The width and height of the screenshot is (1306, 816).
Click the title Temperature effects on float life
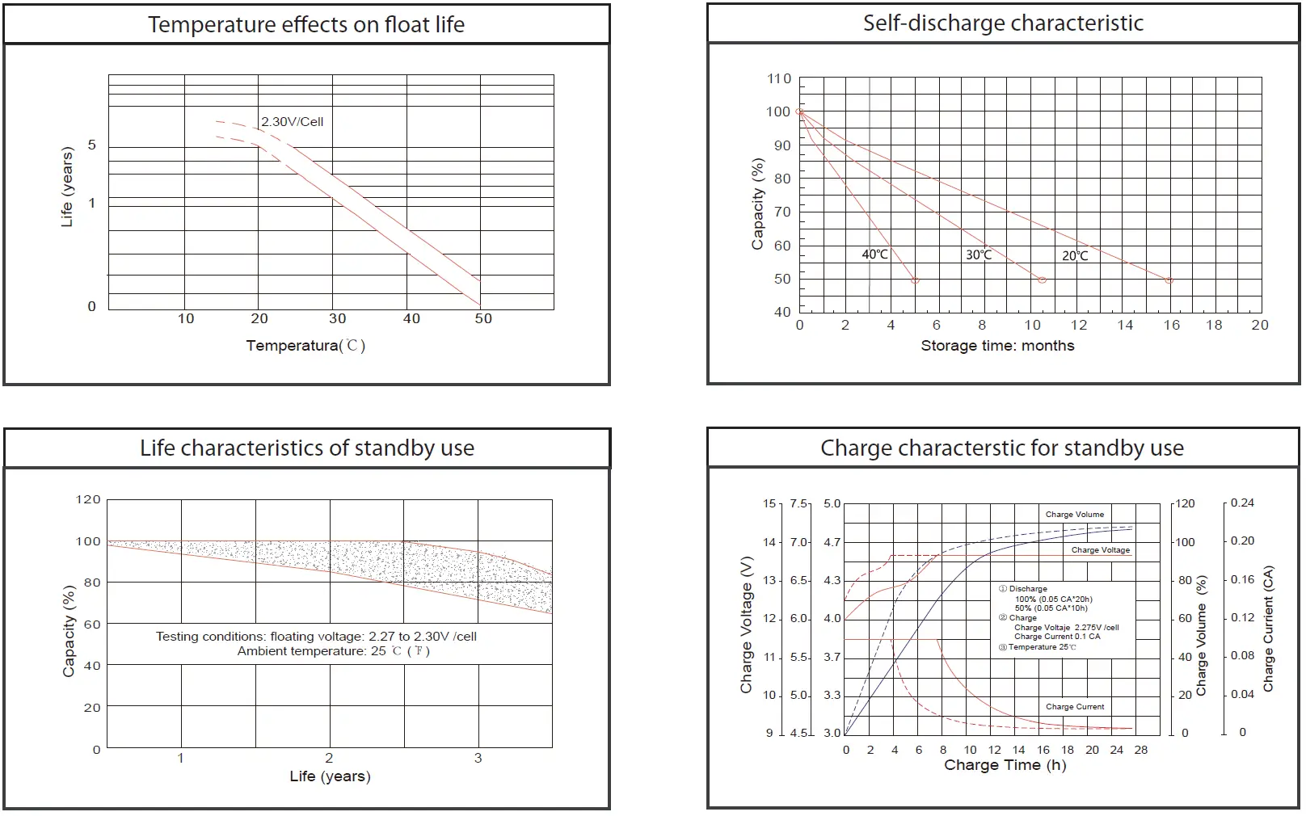coord(305,24)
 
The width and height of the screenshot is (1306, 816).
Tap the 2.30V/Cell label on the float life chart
coord(292,122)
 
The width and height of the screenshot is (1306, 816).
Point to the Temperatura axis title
coord(305,346)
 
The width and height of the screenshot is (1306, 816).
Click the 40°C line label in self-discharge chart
coord(874,254)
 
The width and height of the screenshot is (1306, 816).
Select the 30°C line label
coord(978,255)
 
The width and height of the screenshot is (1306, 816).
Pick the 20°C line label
coord(1074,256)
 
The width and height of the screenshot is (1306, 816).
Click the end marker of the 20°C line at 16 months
coord(1169,280)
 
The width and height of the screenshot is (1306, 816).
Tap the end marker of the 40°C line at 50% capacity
coord(915,280)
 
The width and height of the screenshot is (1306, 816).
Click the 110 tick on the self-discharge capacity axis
coord(779,78)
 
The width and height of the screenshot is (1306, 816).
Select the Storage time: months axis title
coord(997,346)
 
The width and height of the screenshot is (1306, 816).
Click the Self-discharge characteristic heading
coord(1003,23)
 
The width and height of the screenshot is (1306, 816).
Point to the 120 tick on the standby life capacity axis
coord(88,499)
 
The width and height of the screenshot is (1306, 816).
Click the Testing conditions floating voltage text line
coord(316,637)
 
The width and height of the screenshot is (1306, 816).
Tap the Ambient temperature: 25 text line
coord(333,651)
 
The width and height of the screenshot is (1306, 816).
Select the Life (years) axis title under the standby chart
coord(330,776)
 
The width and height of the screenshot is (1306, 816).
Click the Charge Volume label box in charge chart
coord(1074,514)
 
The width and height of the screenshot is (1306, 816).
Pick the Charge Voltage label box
coord(1100,550)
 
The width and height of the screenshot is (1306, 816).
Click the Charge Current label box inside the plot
coord(1074,706)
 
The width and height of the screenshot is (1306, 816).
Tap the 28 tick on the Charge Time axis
coord(1140,750)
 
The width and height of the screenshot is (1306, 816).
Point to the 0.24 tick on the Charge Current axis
coord(1242,503)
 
